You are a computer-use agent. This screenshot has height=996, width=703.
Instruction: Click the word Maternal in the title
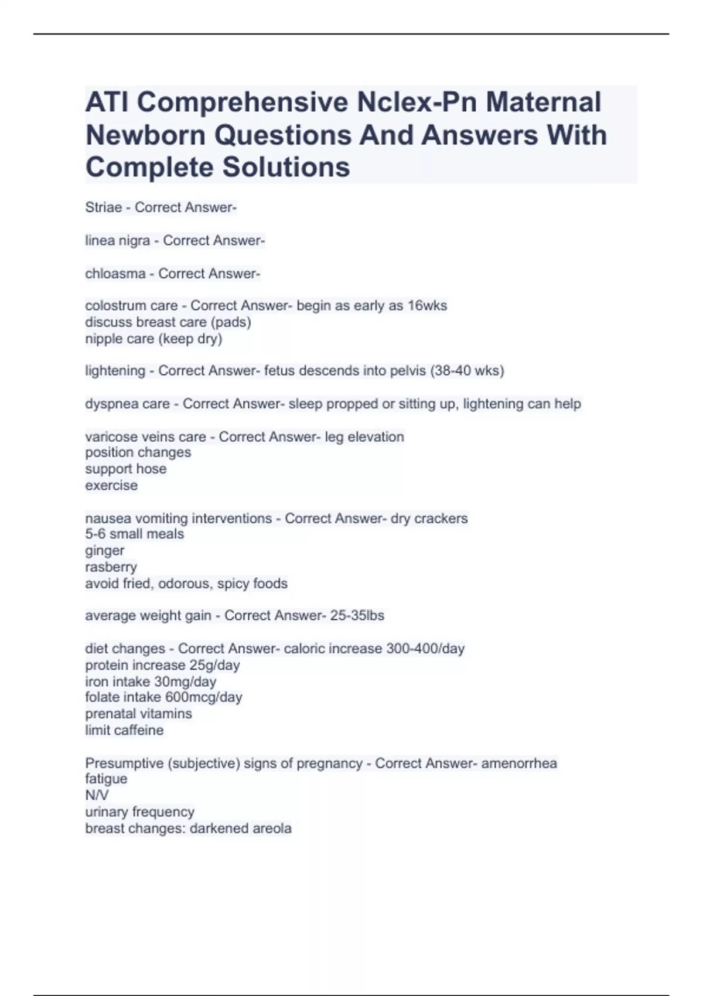tap(542, 103)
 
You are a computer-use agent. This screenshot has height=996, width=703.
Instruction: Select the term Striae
tap(104, 207)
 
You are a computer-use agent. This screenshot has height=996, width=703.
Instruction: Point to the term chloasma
tap(115, 274)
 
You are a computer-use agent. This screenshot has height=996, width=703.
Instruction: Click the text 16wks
tap(427, 306)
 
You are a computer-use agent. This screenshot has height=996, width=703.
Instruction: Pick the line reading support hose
tap(126, 469)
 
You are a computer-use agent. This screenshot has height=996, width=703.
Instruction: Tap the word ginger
tap(105, 551)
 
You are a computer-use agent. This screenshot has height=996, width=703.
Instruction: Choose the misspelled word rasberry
tap(111, 567)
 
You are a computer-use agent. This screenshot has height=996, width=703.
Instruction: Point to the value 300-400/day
tap(425, 649)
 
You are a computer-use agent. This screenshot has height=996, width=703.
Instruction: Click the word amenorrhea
tap(519, 763)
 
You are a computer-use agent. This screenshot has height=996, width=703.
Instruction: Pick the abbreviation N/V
tap(97, 796)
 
